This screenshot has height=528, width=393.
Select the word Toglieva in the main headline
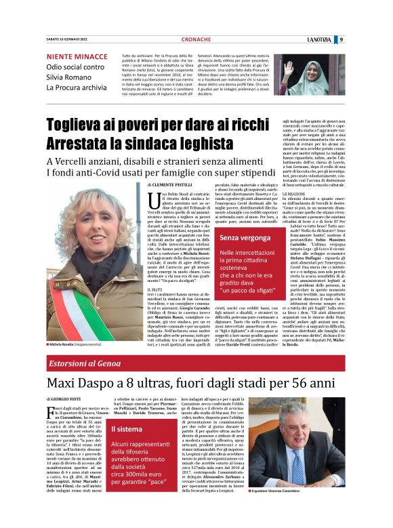(77, 125)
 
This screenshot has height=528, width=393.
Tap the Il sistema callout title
(128, 429)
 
